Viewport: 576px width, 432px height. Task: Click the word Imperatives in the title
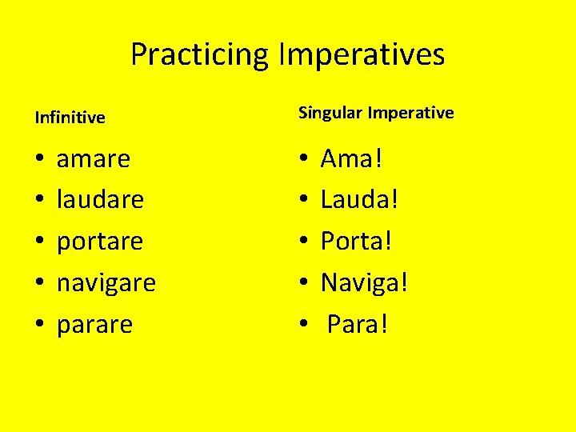[362, 55]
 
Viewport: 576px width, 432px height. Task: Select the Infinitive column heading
[70, 118]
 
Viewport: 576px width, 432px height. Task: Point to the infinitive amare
[94, 158]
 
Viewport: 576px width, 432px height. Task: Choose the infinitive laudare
[100, 199]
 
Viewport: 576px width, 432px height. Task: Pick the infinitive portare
[100, 241]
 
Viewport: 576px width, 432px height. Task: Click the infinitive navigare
[106, 282]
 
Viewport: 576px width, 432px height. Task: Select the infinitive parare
[94, 324]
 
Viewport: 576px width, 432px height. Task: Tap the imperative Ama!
[352, 158]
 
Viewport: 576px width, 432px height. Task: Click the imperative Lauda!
[359, 199]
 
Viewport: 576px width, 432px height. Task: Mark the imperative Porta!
[357, 241]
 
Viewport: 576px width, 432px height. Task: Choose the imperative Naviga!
[365, 282]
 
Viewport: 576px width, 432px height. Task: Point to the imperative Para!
[358, 324]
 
